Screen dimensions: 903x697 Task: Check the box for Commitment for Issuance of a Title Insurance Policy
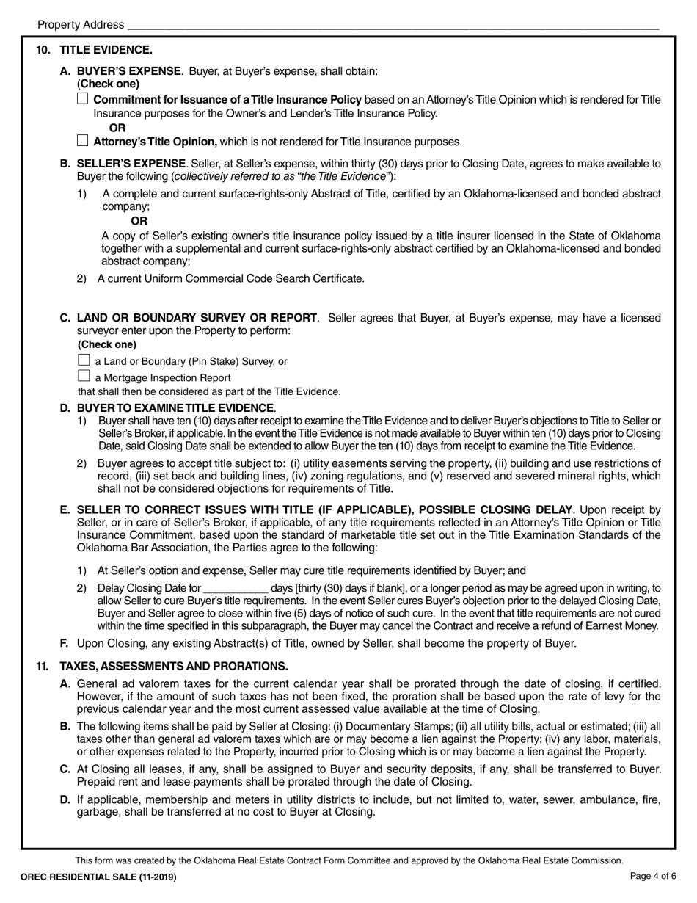83,99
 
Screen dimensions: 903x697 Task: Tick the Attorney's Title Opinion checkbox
83,141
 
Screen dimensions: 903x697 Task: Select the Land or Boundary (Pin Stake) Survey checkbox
84,360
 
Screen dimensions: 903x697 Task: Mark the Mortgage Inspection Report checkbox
84,377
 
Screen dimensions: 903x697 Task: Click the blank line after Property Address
393,24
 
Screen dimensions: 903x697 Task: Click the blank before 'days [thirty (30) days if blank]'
235,588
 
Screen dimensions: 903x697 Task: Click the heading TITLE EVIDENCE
106,50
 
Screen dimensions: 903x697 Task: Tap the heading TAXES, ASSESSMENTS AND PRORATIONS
173,666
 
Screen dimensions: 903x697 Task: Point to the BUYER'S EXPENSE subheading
129,71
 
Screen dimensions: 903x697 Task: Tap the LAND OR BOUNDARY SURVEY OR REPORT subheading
197,318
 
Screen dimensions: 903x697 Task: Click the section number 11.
43,666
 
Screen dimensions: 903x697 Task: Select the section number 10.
43,50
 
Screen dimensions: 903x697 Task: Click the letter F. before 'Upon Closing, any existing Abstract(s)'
65,644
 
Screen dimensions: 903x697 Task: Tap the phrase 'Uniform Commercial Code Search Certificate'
252,278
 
